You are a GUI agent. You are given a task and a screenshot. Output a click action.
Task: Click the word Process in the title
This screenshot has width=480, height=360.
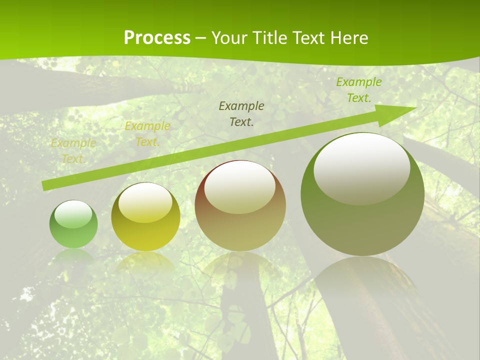(157, 38)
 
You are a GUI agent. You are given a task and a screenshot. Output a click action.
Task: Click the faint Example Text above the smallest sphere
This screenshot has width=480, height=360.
(73, 150)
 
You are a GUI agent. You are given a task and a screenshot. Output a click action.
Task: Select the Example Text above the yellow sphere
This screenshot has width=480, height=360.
(147, 134)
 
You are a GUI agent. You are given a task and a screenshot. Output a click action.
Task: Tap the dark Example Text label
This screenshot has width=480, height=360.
(241, 113)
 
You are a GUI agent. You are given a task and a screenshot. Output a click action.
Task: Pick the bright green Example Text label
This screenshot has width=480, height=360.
(359, 90)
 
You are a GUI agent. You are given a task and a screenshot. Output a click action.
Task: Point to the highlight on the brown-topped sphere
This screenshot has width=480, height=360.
(240, 187)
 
